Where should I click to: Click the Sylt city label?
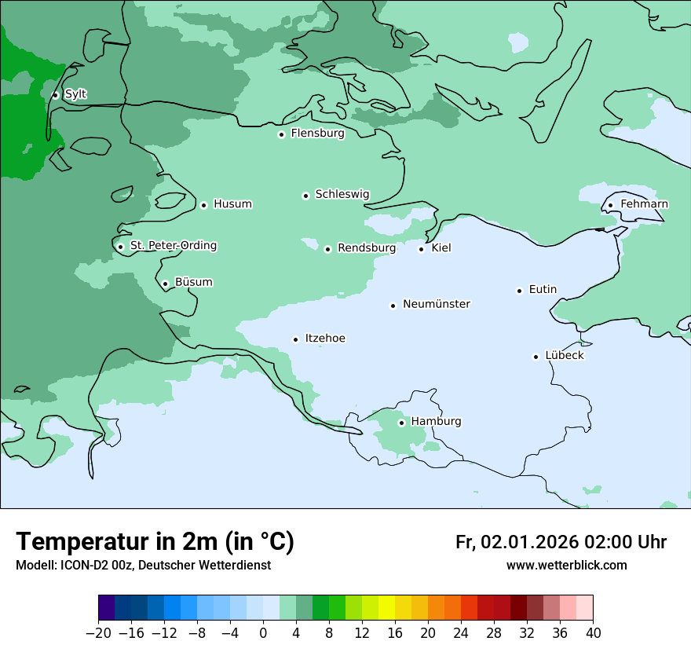pyautogui.click(x=75, y=94)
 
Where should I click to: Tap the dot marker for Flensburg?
pyautogui.click(x=281, y=134)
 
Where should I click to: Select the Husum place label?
pyautogui.click(x=232, y=204)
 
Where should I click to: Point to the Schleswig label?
pyautogui.click(x=342, y=194)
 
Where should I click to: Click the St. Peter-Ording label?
pyautogui.click(x=173, y=246)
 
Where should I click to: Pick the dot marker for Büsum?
pyautogui.click(x=165, y=284)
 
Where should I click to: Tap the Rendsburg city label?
pyautogui.click(x=366, y=248)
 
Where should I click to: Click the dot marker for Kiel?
pyautogui.click(x=422, y=249)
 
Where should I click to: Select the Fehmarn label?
pyautogui.click(x=644, y=204)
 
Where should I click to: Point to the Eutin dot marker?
pyautogui.click(x=519, y=291)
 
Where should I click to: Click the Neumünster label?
pyautogui.click(x=437, y=304)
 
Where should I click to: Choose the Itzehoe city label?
pyautogui.click(x=325, y=339)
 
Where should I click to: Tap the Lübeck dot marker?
pyautogui.click(x=536, y=357)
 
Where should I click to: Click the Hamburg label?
pyautogui.click(x=436, y=421)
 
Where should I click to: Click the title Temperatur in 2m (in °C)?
pyautogui.click(x=155, y=541)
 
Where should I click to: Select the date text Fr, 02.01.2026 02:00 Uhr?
pyautogui.click(x=561, y=542)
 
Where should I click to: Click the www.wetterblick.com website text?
pyautogui.click(x=566, y=566)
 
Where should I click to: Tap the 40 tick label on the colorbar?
pyautogui.click(x=593, y=633)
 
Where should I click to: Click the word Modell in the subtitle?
pyautogui.click(x=35, y=566)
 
